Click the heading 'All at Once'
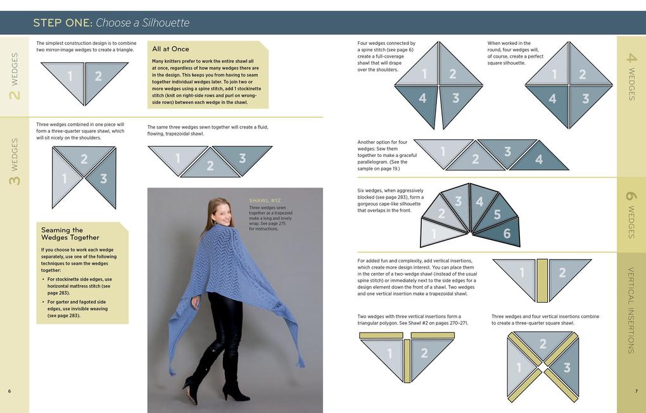pos(170,49)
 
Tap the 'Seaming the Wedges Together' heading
pos(70,234)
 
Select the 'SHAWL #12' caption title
pos(265,201)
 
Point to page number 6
pos(9,391)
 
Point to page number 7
pos(636,391)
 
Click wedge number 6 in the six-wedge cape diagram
pos(506,234)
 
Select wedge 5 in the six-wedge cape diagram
pos(497,215)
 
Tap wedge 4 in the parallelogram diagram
pos(538,160)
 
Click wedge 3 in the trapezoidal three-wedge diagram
pos(242,158)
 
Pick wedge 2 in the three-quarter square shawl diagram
pos(84,159)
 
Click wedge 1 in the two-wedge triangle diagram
pos(70,77)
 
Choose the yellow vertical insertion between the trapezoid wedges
pos(542,280)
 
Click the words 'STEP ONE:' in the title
pos(62,23)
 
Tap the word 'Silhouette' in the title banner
pos(165,23)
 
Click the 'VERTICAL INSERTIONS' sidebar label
pos(631,310)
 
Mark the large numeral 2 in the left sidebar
pos(14,95)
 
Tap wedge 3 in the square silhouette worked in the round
pos(585,99)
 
